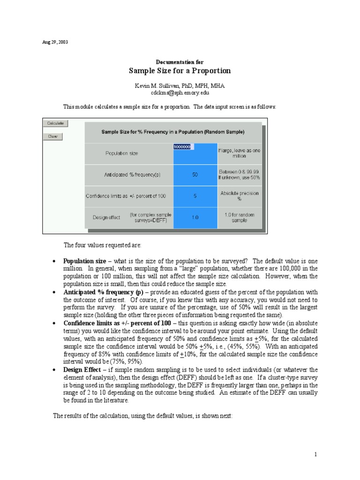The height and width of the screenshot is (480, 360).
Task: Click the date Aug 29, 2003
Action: [55, 42]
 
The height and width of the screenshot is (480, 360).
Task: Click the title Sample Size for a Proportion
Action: [180, 71]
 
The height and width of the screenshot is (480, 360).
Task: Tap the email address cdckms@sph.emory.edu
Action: [180, 93]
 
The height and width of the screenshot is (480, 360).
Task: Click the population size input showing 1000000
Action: [183, 147]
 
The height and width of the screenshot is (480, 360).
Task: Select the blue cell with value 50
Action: [195, 174]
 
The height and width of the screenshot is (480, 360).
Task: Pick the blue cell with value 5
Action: [195, 196]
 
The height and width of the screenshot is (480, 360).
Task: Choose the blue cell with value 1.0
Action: [195, 217]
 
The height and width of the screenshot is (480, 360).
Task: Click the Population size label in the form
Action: [122, 153]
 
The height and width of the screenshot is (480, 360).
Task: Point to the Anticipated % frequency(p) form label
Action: [132, 174]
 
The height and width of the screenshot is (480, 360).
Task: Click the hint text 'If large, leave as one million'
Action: [239, 153]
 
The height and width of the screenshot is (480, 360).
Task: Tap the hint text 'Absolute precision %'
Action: [239, 195]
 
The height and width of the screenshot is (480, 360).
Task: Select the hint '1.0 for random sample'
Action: [239, 217]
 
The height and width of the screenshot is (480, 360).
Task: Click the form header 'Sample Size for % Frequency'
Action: [173, 132]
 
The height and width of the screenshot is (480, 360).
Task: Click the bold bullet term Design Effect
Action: [82, 370]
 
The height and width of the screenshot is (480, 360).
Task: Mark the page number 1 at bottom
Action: [316, 454]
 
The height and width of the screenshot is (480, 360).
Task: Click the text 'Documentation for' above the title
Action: [180, 62]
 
